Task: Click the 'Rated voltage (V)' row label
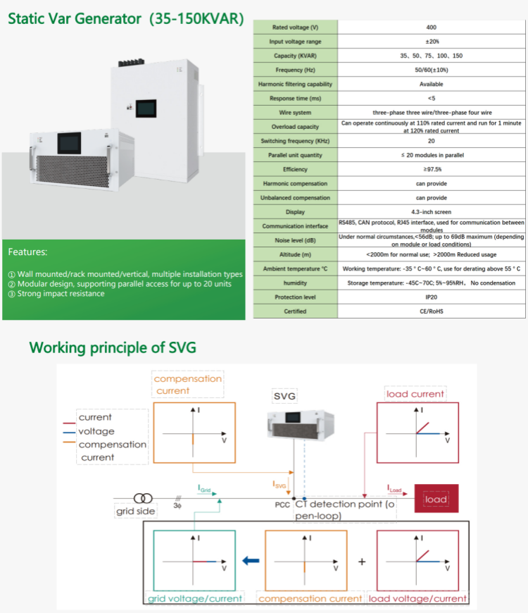[x=295, y=27]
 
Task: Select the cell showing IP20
[x=431, y=297]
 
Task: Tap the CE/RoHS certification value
[x=431, y=311]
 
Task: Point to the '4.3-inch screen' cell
[x=431, y=212]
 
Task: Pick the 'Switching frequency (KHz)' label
[x=295, y=141]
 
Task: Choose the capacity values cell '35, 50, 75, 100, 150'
[x=431, y=56]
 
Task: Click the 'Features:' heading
[x=27, y=252]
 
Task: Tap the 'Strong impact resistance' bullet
[x=56, y=294]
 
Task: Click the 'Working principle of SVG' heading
[x=113, y=347]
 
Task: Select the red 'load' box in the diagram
[x=436, y=498]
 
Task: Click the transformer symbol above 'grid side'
[x=143, y=498]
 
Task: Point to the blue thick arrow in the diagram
[x=251, y=561]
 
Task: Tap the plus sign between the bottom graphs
[x=362, y=562]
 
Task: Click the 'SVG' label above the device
[x=284, y=396]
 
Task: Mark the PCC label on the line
[x=282, y=504]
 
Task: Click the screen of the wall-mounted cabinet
[x=146, y=109]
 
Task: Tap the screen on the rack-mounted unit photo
[x=70, y=143]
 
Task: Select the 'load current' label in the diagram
[x=415, y=394]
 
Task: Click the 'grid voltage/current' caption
[x=194, y=598]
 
